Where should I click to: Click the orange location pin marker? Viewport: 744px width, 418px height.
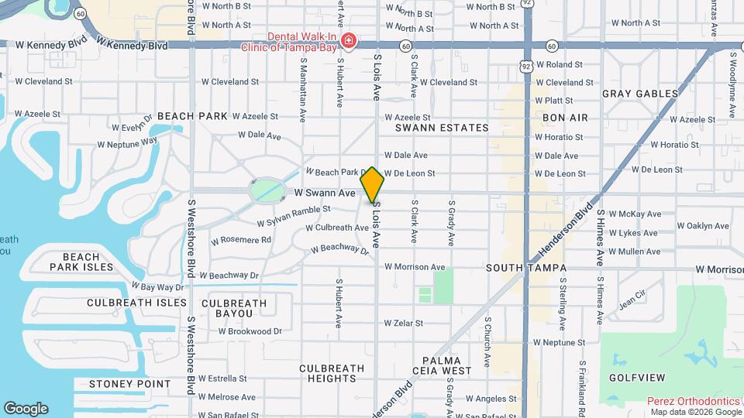coord(372,184)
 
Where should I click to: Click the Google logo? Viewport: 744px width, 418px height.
coord(26,408)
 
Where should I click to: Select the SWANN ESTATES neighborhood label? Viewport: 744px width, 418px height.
coord(442,128)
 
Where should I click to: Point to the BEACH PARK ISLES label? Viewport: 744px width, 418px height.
coord(81,262)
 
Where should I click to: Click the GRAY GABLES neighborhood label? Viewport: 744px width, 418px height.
coord(640,94)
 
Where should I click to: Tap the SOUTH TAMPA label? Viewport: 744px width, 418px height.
coord(526,268)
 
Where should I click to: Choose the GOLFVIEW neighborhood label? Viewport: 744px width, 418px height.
coord(637,378)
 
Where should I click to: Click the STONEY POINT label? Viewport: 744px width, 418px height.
coord(129,384)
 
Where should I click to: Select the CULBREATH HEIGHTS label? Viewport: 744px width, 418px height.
coord(327,373)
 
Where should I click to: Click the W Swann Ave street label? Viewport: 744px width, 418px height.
coord(324,192)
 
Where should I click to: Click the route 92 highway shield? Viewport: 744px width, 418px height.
coord(527,4)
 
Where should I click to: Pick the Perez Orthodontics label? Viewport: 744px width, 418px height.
coord(694,401)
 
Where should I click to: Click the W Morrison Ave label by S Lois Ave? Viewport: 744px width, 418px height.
coord(415,267)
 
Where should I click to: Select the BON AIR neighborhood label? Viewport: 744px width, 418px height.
coord(565,118)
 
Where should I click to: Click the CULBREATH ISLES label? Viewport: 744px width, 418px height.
coord(136,303)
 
